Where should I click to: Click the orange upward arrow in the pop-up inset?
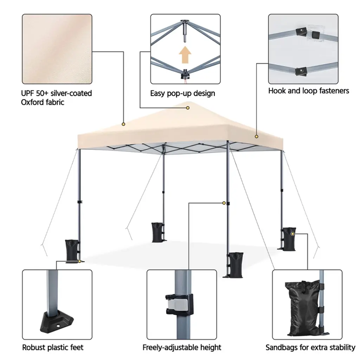185,54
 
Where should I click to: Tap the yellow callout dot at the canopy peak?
188,108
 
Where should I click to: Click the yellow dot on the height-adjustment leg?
224,203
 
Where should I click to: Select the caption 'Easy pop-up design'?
182,94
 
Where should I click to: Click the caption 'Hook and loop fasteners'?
309,91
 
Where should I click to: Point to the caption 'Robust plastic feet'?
53,347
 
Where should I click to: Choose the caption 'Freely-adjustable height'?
182,347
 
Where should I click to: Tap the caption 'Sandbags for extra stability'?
310,347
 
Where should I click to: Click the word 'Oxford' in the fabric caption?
31,102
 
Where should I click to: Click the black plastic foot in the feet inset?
57,321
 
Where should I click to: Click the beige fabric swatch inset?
57,49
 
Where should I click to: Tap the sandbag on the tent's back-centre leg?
157,232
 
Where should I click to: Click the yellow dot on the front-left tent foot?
79,261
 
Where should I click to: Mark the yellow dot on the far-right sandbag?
292,234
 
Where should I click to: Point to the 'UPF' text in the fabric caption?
27,93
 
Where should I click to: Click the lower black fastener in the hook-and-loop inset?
301,71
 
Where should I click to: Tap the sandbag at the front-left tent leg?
72,250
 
